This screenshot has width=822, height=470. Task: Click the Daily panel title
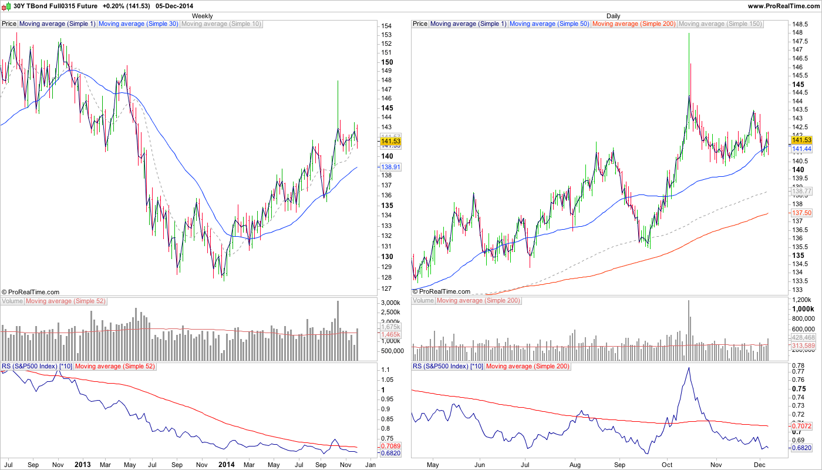(613, 16)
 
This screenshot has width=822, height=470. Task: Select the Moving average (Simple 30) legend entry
(138, 24)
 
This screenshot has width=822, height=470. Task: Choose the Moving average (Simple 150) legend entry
(720, 24)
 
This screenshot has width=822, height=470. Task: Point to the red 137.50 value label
(801, 213)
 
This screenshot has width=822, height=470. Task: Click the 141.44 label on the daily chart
(801, 150)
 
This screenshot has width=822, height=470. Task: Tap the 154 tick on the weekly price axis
(386, 26)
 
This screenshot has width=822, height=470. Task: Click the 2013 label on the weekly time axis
(83, 464)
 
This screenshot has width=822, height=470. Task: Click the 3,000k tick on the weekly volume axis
(390, 303)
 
